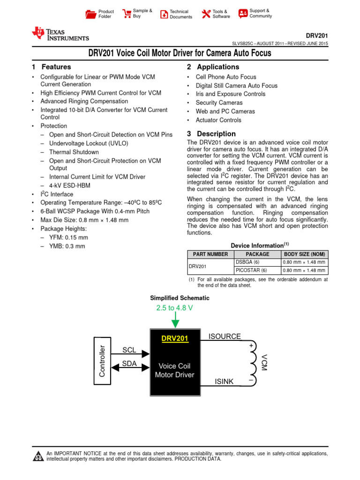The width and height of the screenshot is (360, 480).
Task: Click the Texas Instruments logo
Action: pyautogui.click(x=60, y=33)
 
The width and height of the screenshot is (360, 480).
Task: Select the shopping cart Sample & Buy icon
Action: pyautogui.click(x=126, y=14)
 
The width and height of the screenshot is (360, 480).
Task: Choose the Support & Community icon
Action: pyautogui.click(x=243, y=13)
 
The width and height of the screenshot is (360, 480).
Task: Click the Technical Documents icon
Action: pyautogui.click(x=164, y=14)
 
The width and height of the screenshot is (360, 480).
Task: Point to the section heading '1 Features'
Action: pyautogui.click(x=52, y=67)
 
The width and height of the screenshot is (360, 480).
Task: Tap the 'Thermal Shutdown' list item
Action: pyautogui.click(x=74, y=152)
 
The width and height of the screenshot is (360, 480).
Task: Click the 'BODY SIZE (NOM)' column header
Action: pyautogui.click(x=304, y=254)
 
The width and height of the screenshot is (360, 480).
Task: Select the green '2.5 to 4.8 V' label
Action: pyautogui.click(x=174, y=308)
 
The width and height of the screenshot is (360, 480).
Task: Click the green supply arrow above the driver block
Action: pyautogui.click(x=174, y=322)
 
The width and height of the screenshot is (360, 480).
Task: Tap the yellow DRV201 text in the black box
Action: pyautogui.click(x=174, y=338)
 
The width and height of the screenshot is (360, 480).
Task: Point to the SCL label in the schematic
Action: pyautogui.click(x=129, y=350)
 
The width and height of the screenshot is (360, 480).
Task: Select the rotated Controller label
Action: pyautogui.click(x=102, y=361)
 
